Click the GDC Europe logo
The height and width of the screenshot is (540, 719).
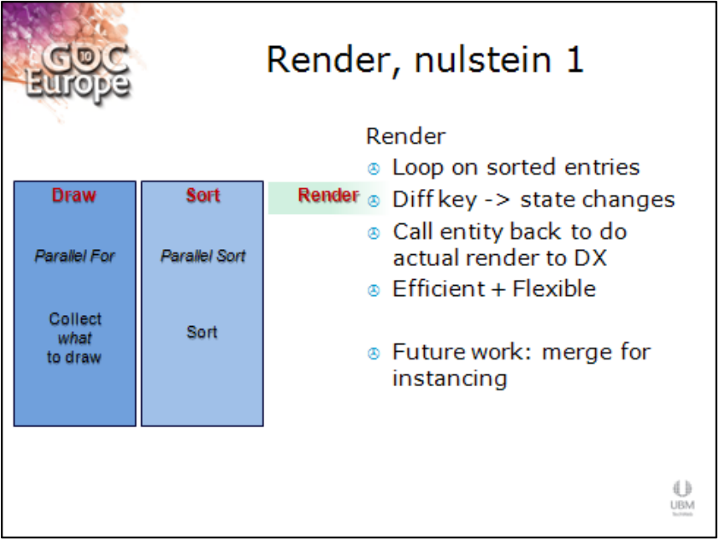77,69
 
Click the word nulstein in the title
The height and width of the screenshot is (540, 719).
483,59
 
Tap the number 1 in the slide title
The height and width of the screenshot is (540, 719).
575,59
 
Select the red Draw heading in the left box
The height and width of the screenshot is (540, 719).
74,196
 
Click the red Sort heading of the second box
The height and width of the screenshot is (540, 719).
202,196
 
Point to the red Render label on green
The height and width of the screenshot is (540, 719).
329,196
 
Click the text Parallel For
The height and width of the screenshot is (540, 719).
74,256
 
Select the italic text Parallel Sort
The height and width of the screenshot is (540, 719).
202,256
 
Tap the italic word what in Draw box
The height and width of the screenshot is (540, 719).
74,339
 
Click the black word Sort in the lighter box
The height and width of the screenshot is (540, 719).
201,332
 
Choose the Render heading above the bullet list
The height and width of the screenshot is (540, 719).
405,136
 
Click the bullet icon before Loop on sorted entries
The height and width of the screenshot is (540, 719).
374,169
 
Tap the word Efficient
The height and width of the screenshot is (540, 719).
438,288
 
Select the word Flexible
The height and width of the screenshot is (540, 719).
554,288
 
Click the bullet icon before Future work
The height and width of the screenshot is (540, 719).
374,354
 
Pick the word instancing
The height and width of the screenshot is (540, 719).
450,380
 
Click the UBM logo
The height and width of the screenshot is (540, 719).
682,498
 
